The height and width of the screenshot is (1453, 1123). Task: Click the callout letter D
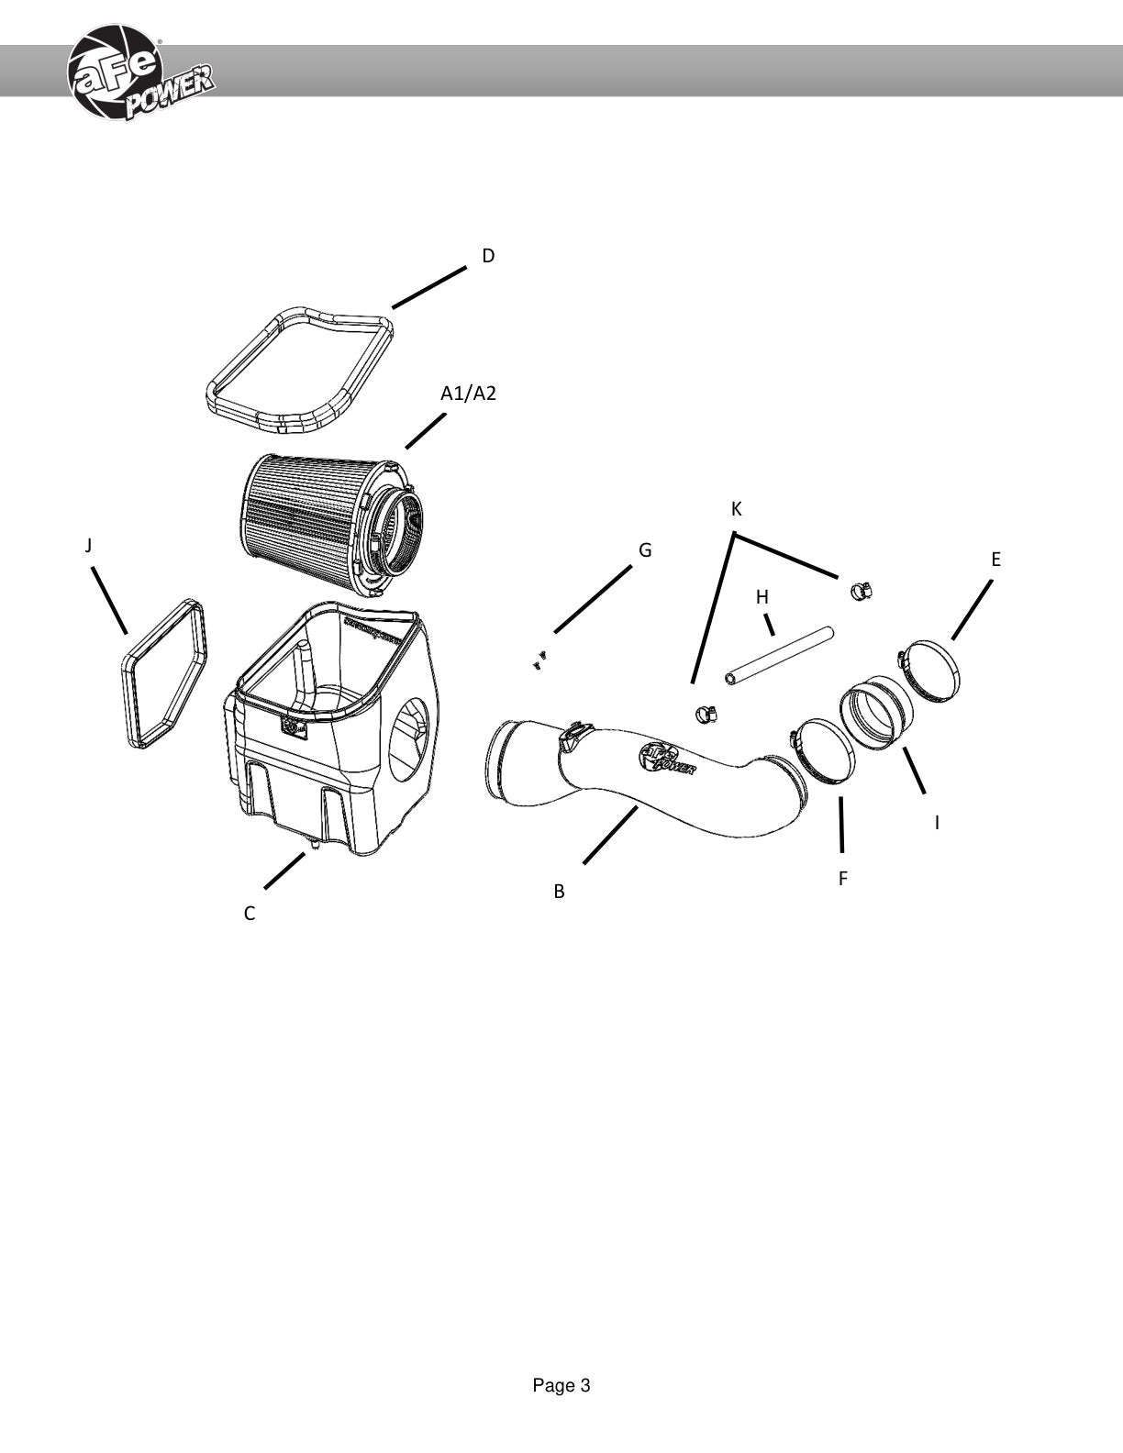488,255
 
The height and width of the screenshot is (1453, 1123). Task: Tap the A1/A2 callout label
468,394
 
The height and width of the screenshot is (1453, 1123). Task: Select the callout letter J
88,546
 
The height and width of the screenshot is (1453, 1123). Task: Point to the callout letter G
645,549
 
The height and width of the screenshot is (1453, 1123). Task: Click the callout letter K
737,509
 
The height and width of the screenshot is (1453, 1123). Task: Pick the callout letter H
762,597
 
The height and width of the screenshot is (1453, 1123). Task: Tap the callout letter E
995,559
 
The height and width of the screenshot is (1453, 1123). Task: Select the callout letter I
937,823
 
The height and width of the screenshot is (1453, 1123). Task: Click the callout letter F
843,878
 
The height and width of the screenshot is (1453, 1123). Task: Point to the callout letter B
559,892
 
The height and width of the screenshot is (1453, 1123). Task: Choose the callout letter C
250,914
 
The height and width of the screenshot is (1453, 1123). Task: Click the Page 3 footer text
561,1386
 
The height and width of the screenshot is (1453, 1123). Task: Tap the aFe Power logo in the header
139,73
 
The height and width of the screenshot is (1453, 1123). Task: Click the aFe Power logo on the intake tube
667,760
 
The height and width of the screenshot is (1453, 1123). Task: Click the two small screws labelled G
540,659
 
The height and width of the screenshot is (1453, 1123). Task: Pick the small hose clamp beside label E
861,591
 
